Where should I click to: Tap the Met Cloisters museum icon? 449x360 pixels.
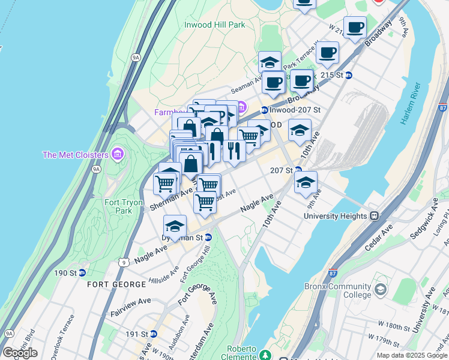tap(117, 155)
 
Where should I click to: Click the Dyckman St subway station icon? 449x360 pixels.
tap(208, 237)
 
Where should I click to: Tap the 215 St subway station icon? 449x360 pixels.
tap(349, 75)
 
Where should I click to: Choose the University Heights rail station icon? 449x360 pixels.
tap(374, 216)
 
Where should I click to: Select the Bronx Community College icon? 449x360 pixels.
tap(381, 291)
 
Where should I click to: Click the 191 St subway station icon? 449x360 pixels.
tap(154, 334)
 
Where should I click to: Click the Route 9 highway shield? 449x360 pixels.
tap(123, 262)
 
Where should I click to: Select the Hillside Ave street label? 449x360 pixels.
tap(164, 276)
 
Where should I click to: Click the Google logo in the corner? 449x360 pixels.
tap(20, 353)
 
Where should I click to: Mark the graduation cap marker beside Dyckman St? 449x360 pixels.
tap(175, 227)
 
